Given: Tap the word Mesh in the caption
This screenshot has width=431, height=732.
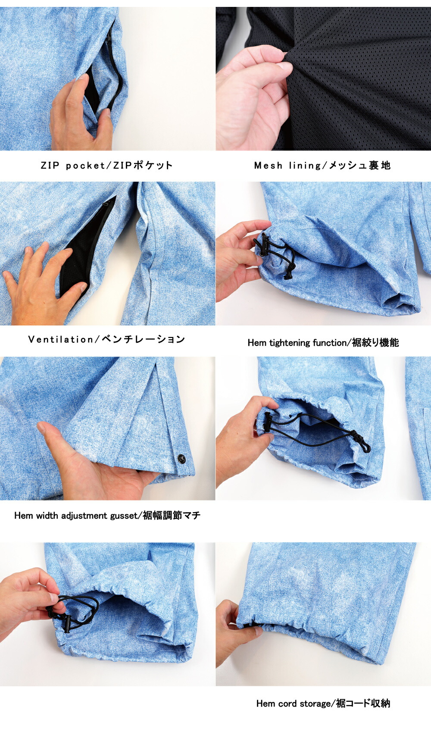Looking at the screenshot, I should pyautogui.click(x=268, y=166).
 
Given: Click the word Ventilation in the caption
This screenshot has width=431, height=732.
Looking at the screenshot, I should pyautogui.click(x=61, y=340).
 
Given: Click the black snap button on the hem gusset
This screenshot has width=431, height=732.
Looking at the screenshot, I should pyautogui.click(x=181, y=459).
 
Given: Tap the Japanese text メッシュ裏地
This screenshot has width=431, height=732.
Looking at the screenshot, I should pyautogui.click(x=360, y=166).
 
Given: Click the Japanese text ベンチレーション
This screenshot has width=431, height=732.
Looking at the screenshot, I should pyautogui.click(x=144, y=340).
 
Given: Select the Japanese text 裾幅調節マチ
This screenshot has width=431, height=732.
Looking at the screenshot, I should pyautogui.click(x=172, y=516).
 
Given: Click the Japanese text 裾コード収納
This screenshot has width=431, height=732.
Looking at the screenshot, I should pyautogui.click(x=363, y=704).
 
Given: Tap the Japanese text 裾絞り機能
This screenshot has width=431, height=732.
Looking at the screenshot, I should pyautogui.click(x=375, y=343).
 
